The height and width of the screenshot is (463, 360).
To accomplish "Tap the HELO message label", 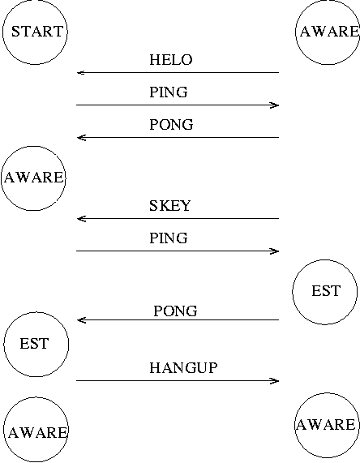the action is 171,60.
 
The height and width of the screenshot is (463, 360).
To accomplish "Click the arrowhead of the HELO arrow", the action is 81,72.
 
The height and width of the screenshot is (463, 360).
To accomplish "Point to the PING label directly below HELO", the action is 169,92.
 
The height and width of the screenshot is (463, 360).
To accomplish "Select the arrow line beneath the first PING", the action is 178,105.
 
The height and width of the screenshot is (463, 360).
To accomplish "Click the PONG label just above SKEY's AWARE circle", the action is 171,125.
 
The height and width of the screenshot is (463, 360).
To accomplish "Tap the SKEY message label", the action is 169,206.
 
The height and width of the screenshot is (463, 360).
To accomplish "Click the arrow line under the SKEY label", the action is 178,218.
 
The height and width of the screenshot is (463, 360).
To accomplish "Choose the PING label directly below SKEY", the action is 169,238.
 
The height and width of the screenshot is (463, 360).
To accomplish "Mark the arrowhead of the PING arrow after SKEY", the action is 275,251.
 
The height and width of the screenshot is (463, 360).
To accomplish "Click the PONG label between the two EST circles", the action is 175,311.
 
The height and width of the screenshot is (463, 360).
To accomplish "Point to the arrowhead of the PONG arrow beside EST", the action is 81,319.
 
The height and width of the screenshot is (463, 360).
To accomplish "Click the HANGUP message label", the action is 183,368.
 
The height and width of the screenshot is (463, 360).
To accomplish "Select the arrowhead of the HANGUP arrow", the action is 275,380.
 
